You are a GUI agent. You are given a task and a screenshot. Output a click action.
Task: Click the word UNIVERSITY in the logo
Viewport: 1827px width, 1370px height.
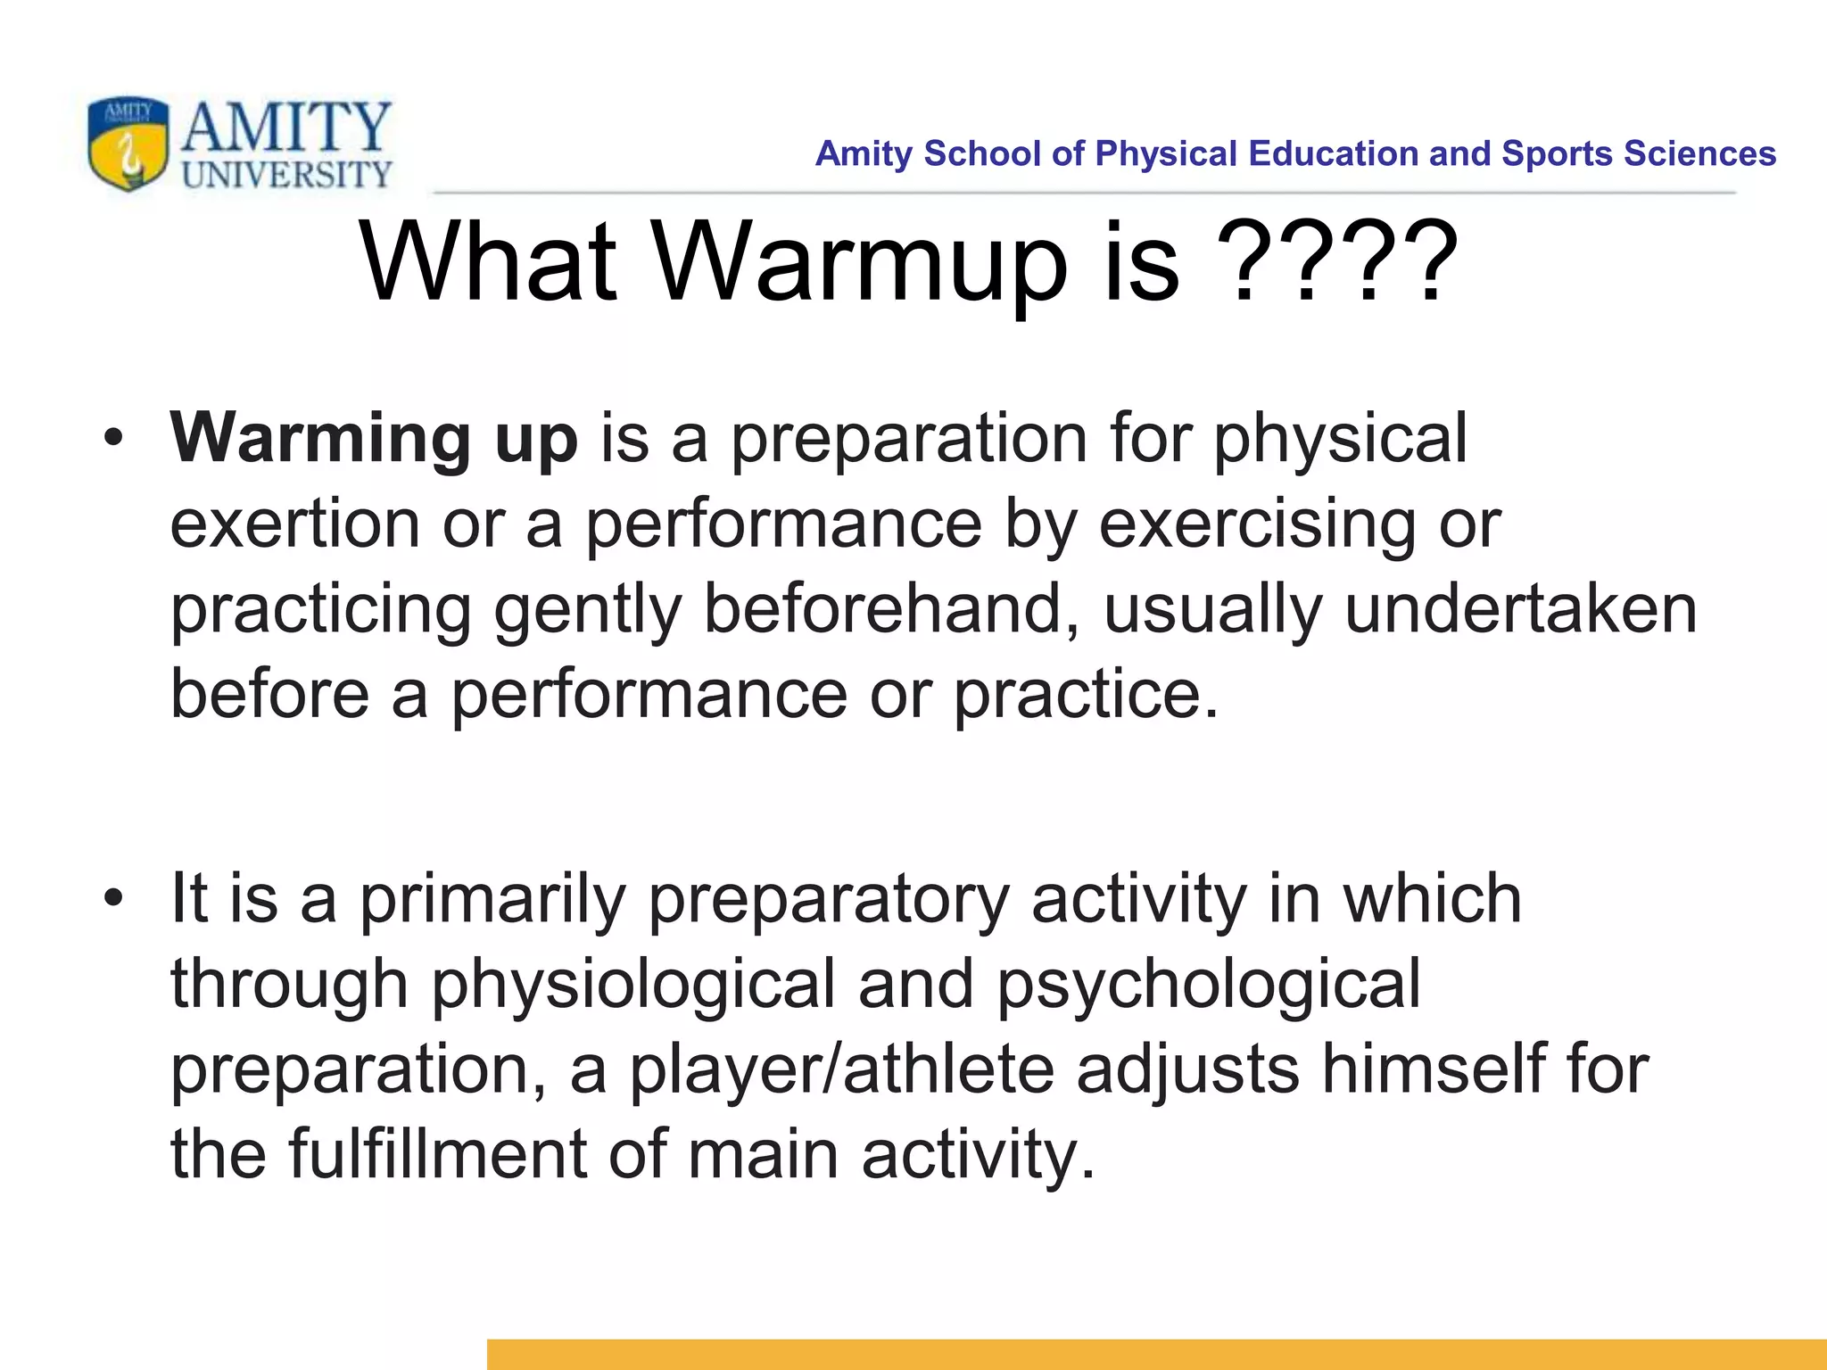tap(286, 175)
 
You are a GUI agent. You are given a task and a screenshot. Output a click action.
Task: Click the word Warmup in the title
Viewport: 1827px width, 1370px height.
tap(860, 263)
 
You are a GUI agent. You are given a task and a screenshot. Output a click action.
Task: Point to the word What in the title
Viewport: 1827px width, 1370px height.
tap(487, 263)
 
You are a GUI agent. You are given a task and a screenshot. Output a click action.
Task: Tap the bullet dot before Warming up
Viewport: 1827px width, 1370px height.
tap(112, 439)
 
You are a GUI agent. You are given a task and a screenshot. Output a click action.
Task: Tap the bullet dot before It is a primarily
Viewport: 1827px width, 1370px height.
tap(112, 899)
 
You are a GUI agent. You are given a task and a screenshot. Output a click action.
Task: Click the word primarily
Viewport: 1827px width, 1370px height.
tap(492, 899)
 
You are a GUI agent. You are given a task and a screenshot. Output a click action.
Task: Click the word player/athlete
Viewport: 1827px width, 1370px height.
tap(842, 1069)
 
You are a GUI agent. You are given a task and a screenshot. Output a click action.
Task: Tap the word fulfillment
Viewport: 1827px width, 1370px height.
tap(436, 1154)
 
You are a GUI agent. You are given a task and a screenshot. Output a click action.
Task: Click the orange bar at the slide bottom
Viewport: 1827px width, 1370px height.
tap(1156, 1354)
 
